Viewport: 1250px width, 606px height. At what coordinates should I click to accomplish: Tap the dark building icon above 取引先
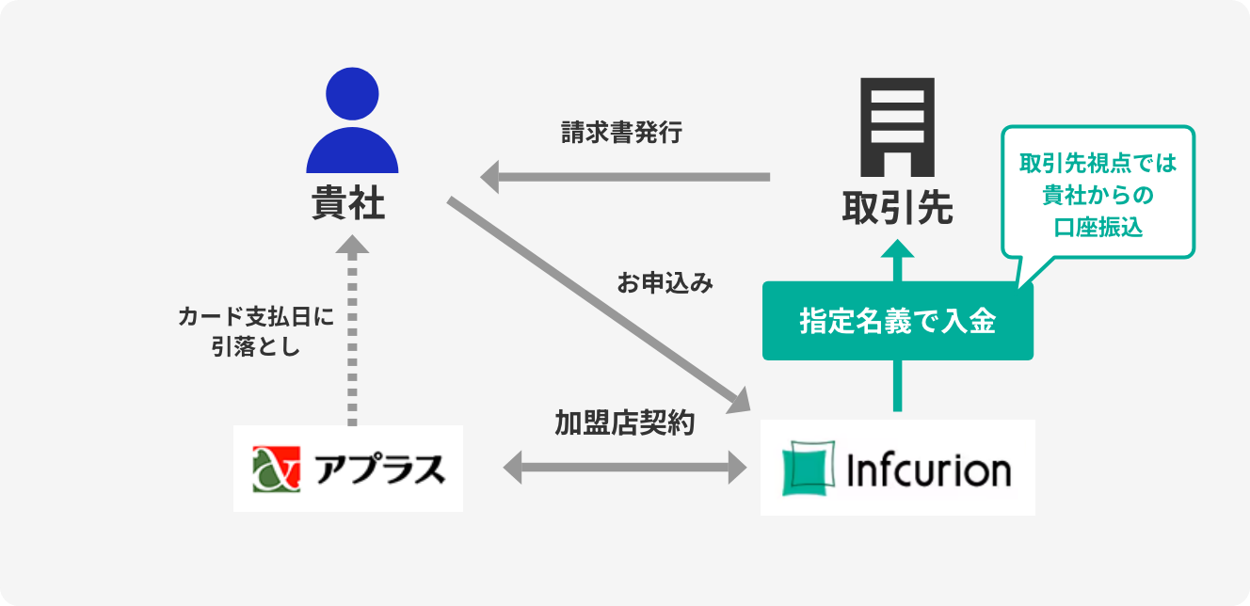click(897, 127)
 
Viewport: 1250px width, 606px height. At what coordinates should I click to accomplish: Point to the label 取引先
click(897, 208)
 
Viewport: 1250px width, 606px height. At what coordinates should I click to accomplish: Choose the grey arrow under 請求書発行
click(625, 177)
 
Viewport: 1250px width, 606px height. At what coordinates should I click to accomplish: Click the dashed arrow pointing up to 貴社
click(353, 329)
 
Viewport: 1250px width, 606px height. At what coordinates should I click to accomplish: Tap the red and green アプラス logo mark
click(276, 469)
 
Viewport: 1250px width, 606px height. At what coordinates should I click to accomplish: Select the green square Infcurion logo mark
click(809, 468)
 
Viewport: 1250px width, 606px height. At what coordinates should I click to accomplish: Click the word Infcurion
click(928, 469)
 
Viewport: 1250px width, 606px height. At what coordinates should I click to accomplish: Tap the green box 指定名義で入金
click(897, 321)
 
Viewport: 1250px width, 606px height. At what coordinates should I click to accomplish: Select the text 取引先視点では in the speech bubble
click(1098, 164)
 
